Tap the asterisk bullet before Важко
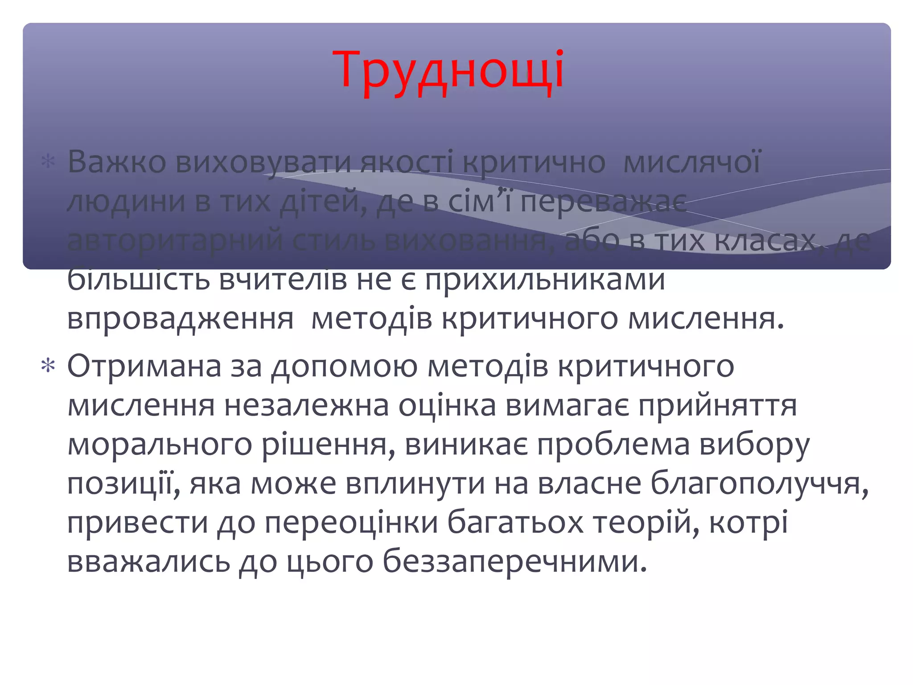pyautogui.click(x=48, y=161)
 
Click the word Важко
pyautogui.click(x=117, y=161)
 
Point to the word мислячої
pyautogui.click(x=691, y=161)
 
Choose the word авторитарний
pyautogui.click(x=175, y=241)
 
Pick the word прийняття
pyautogui.click(x=718, y=406)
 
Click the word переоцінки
pyautogui.click(x=351, y=523)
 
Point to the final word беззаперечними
pyautogui.click(x=514, y=562)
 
